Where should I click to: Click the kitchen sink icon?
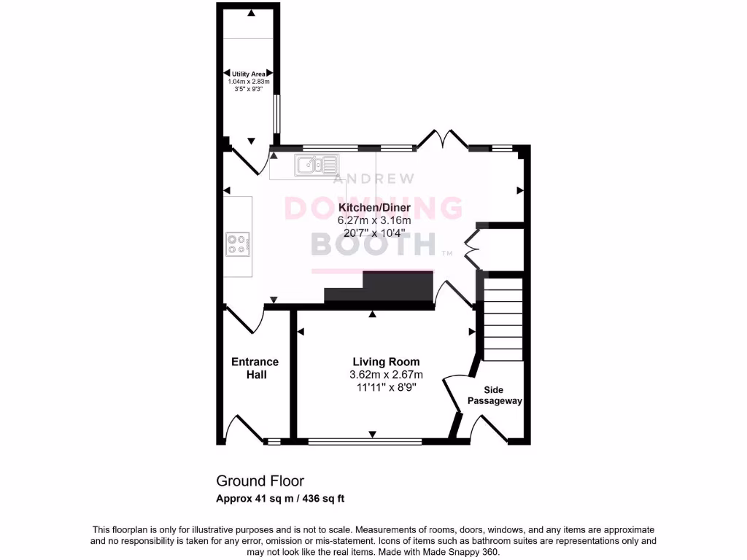[317, 166]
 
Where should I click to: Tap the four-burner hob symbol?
[237, 243]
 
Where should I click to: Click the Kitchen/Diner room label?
[374, 208]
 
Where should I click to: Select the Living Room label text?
[386, 362]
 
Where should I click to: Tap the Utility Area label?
[248, 74]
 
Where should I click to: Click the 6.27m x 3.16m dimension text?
[374, 220]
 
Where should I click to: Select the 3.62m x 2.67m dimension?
[386, 375]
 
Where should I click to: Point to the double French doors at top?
[443, 139]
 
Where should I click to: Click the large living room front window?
[365, 441]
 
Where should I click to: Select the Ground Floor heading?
[260, 481]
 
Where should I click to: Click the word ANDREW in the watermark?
[374, 179]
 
